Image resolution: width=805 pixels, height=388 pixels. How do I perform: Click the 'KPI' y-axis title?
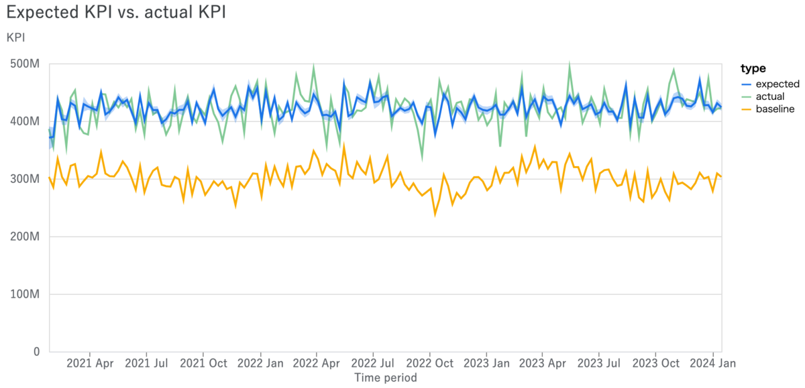[x=16, y=38]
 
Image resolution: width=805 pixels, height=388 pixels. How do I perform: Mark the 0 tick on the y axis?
[x=36, y=351]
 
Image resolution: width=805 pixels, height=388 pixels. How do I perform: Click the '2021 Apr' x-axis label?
[x=90, y=363]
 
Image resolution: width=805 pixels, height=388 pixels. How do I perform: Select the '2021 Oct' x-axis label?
[x=203, y=363]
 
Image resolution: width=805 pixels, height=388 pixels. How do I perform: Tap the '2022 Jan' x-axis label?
[x=260, y=363]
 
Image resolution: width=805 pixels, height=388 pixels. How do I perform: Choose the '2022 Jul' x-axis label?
[x=372, y=363]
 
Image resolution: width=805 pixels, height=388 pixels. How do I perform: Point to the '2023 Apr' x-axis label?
[x=542, y=363]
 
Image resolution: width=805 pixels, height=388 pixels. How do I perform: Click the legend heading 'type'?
[x=753, y=68]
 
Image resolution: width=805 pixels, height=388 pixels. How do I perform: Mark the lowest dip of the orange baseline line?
[x=435, y=214]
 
